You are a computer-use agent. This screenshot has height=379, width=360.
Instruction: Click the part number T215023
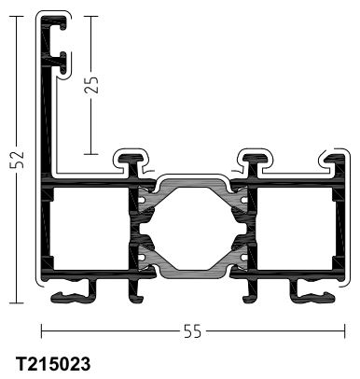[x=53, y=364]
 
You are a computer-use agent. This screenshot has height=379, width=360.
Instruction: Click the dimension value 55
[x=193, y=331]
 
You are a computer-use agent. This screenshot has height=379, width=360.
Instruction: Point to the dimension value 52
[x=17, y=160]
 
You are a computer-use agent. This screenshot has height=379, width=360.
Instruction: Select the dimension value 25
[x=91, y=85]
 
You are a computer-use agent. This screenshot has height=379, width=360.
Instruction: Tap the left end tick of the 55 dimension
[x=42, y=331]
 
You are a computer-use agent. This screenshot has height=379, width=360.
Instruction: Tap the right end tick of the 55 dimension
[x=344, y=331]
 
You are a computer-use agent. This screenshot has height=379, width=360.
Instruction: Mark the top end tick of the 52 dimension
[x=17, y=16]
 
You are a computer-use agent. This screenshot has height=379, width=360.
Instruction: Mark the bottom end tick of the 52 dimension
[x=17, y=302]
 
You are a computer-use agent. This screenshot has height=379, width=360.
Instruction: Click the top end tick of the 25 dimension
[x=91, y=16]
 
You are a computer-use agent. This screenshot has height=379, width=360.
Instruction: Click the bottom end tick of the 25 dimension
[x=91, y=154]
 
